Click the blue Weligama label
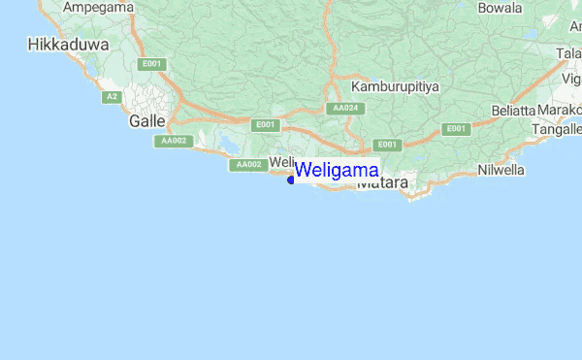337,170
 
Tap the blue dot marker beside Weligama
291,179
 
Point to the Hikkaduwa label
60,44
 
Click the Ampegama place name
99,7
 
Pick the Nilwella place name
501,170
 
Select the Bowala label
500,8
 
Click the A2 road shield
113,96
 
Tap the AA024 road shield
345,108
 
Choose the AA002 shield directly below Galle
174,141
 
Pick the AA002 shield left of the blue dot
248,165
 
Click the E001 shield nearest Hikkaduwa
151,64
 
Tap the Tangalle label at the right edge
558,129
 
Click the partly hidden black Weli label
280,161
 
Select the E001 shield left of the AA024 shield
265,125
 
